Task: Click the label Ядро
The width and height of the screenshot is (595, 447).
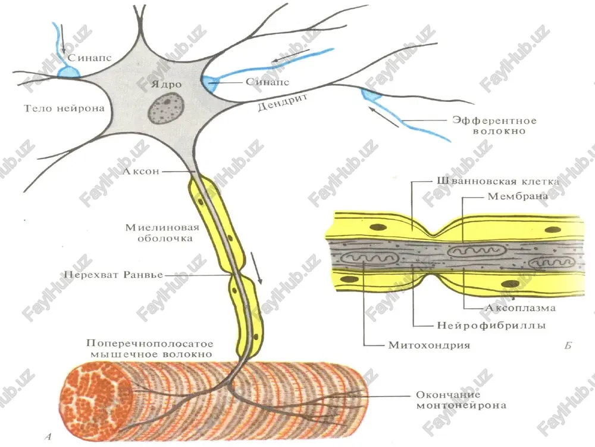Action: click(166, 85)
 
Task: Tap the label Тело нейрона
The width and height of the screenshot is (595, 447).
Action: click(64, 108)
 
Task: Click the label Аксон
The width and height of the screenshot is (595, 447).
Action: click(141, 172)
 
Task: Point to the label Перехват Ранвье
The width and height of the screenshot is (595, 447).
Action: click(114, 274)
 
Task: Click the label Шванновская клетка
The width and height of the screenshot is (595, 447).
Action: click(498, 181)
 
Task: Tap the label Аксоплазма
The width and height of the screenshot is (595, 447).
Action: click(520, 308)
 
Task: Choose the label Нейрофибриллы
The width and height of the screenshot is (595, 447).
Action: click(491, 325)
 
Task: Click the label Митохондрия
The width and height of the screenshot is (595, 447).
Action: click(429, 345)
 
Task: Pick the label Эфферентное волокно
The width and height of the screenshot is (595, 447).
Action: click(494, 126)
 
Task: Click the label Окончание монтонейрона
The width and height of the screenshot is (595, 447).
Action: click(461, 401)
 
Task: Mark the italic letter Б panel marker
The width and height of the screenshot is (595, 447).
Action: click(568, 346)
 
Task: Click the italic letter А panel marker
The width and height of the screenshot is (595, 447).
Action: click(48, 436)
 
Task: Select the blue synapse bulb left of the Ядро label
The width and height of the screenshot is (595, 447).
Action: click(68, 72)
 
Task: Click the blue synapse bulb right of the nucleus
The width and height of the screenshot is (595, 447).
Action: click(210, 83)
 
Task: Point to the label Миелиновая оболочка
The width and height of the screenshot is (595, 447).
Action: click(162, 233)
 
